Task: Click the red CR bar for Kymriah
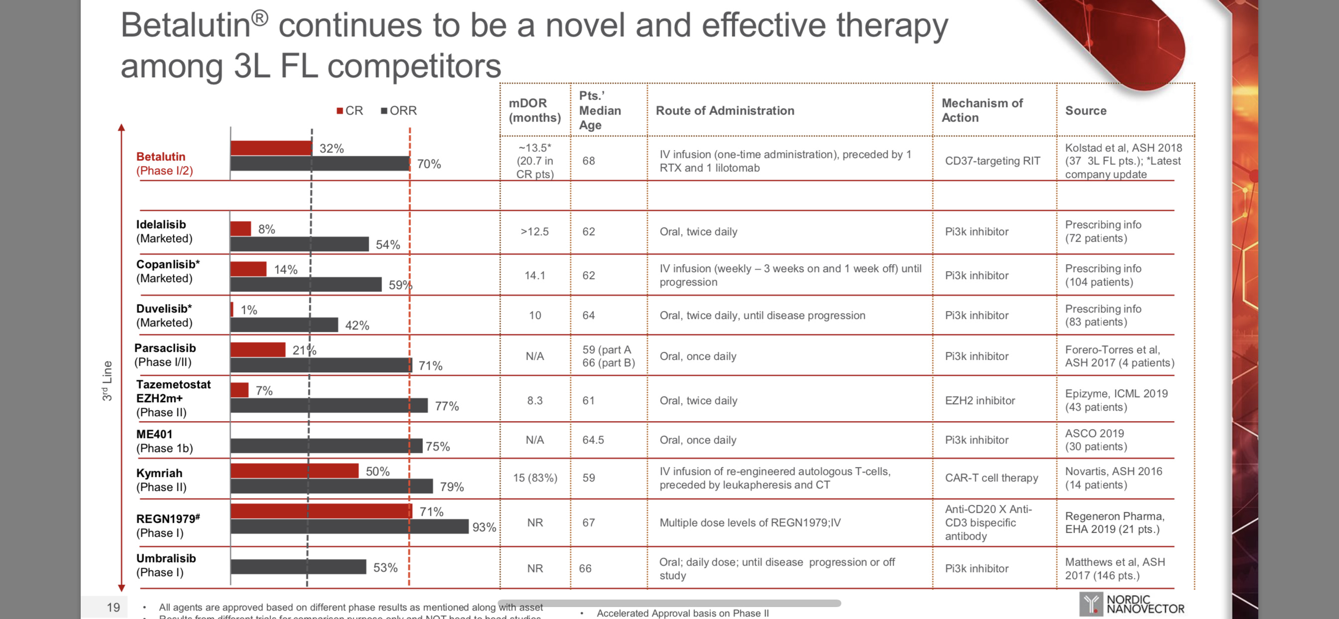tap(294, 471)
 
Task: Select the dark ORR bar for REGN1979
tap(349, 527)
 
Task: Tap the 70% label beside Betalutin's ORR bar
tap(429, 164)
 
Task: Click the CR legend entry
tap(350, 111)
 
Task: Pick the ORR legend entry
tap(399, 111)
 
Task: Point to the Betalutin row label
tap(164, 163)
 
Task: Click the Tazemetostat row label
tap(173, 398)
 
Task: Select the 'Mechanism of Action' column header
tap(982, 110)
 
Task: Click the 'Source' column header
tap(1085, 111)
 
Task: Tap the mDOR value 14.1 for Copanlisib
tap(535, 275)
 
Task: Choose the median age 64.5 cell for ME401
tap(593, 440)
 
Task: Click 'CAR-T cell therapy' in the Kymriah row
tap(991, 478)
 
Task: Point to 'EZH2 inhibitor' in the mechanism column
tap(980, 401)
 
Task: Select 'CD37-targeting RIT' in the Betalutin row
tap(992, 161)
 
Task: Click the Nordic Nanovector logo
tap(1132, 604)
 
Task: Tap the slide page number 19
tap(113, 607)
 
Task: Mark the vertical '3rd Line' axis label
tap(107, 381)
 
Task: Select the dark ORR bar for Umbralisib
tap(298, 567)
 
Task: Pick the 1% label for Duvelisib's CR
tap(249, 310)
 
